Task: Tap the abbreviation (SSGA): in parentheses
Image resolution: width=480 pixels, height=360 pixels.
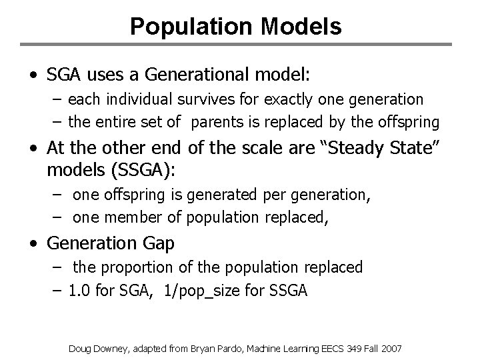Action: (141, 170)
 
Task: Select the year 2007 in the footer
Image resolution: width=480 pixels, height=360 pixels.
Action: (392, 347)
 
